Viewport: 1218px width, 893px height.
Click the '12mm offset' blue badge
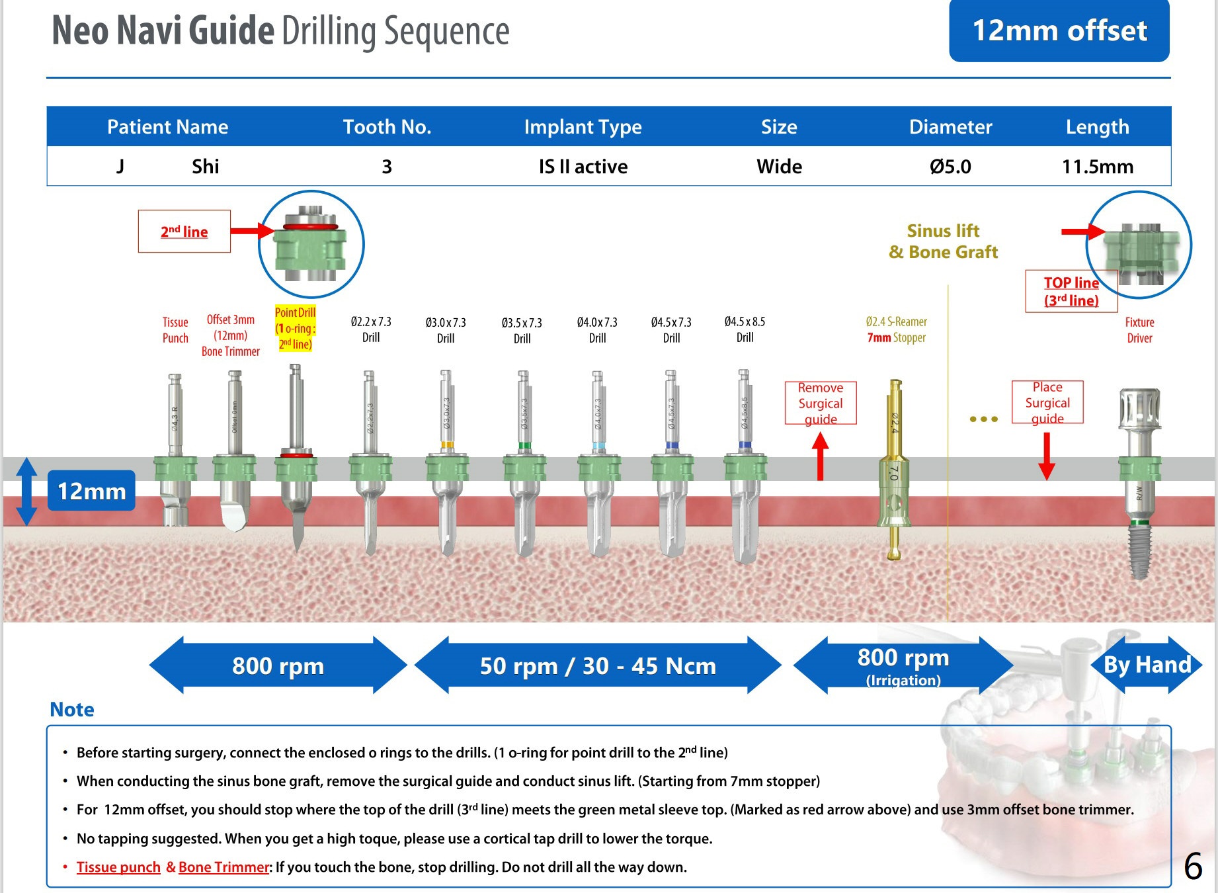(x=1059, y=31)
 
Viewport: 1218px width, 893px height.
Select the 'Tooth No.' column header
(x=387, y=126)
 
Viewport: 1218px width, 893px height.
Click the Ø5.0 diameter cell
(x=950, y=166)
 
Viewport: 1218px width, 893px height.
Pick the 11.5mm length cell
(x=1097, y=166)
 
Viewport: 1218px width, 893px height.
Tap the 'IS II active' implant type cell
(x=583, y=166)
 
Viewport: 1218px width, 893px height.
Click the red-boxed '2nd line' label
(x=184, y=232)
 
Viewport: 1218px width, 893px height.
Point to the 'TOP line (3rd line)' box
(x=1071, y=291)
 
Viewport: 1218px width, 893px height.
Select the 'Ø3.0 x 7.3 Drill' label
(x=446, y=330)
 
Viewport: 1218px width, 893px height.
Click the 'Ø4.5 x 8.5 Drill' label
(x=745, y=329)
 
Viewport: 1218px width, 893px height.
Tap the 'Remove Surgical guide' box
(x=821, y=403)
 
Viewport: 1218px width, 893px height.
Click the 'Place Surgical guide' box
(x=1047, y=402)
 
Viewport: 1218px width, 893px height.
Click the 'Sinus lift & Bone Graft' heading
(x=943, y=241)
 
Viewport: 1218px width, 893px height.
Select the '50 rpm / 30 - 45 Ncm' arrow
(x=598, y=665)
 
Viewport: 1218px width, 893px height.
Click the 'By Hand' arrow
(x=1147, y=665)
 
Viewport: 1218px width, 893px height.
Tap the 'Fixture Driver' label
(x=1139, y=330)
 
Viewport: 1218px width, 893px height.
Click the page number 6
(x=1193, y=867)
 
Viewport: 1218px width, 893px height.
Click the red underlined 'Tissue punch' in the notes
(x=118, y=867)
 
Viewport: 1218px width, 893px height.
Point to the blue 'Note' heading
(x=72, y=710)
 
